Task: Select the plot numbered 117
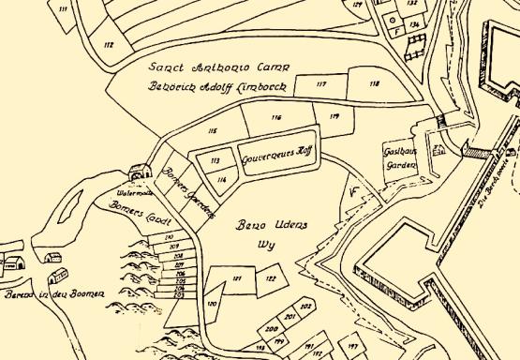coord(321,84)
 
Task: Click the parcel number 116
coord(275,118)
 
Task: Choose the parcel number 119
coord(334,116)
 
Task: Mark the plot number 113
coord(215,160)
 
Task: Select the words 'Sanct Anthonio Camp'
coord(221,68)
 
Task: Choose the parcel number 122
coord(270,278)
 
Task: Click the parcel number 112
coord(109,44)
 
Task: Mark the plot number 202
coord(305,307)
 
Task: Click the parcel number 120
coord(212,305)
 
